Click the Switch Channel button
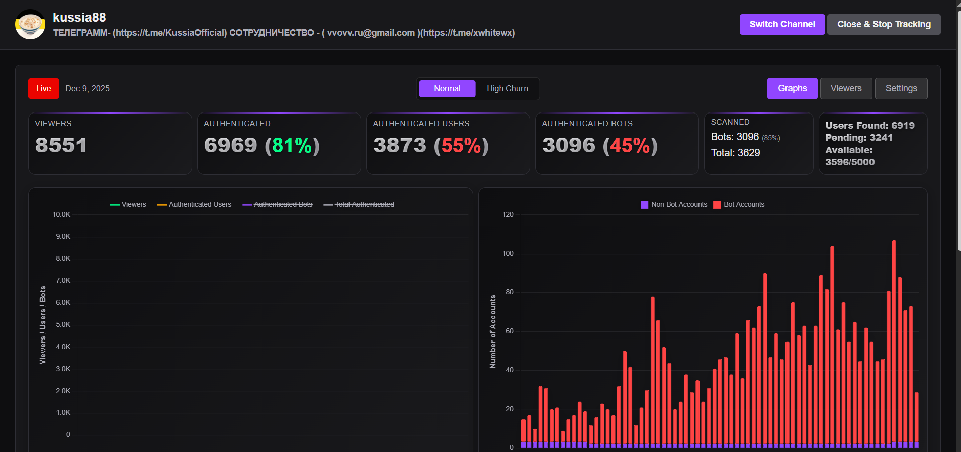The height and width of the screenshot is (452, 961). [782, 24]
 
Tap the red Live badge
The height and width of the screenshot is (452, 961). [44, 89]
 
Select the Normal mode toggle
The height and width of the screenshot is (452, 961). [447, 89]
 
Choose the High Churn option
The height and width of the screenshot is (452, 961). [507, 89]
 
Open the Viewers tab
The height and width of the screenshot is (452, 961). [846, 89]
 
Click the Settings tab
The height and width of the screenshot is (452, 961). [901, 89]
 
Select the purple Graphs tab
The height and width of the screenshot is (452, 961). [792, 89]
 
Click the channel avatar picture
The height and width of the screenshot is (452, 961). [30, 24]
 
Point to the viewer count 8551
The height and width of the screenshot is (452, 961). [61, 146]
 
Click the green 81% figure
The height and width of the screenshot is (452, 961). [292, 146]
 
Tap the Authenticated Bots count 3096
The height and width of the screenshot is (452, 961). [569, 146]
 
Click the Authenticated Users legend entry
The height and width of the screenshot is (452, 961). [195, 205]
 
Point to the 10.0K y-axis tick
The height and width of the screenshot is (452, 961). [61, 215]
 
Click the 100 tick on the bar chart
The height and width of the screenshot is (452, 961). [508, 254]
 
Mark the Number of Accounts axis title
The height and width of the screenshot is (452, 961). [493, 331]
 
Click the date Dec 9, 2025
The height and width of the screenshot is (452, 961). [88, 89]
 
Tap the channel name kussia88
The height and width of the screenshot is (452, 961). [79, 18]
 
